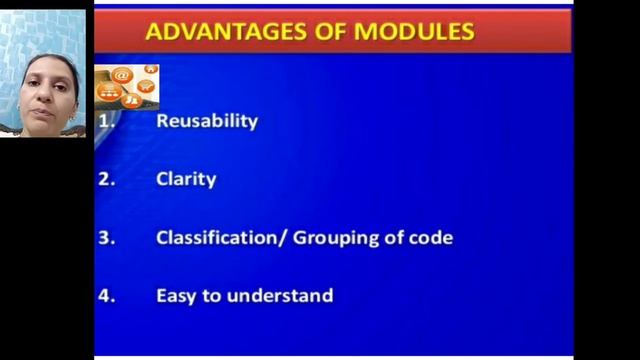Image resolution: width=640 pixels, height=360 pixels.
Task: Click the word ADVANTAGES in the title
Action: [x=207, y=31]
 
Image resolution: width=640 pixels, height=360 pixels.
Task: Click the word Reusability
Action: [x=207, y=121]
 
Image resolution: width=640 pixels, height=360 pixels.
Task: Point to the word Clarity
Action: [x=186, y=180]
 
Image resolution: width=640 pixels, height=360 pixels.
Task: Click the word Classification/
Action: [x=221, y=238]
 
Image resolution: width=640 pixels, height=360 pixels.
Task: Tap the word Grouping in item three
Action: [x=332, y=238]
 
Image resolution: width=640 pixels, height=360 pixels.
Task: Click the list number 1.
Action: [x=106, y=121]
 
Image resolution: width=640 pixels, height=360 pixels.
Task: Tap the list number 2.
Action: [x=106, y=180]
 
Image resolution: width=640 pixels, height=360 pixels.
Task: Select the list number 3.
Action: [x=106, y=238]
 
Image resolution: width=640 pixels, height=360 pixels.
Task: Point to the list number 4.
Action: [x=106, y=296]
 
